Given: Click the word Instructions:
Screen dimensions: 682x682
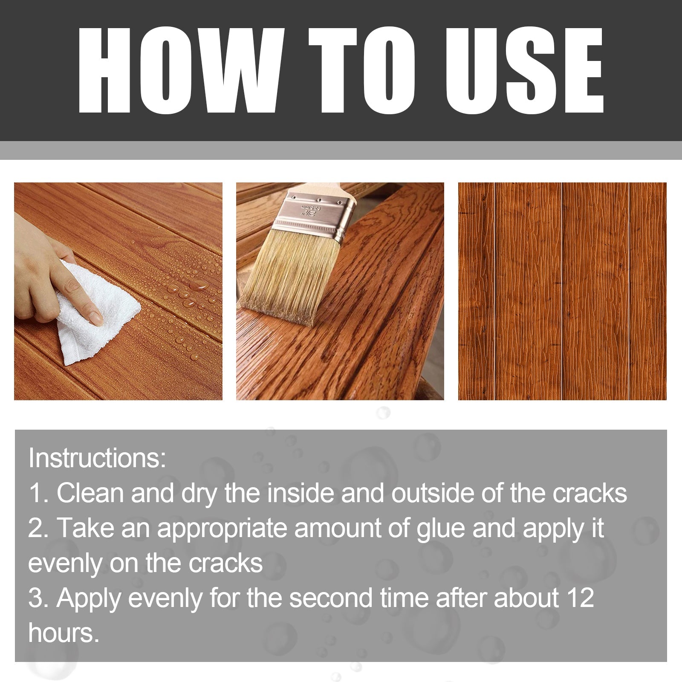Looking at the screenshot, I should pos(97,458).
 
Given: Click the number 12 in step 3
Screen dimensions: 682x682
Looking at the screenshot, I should pos(580,598).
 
